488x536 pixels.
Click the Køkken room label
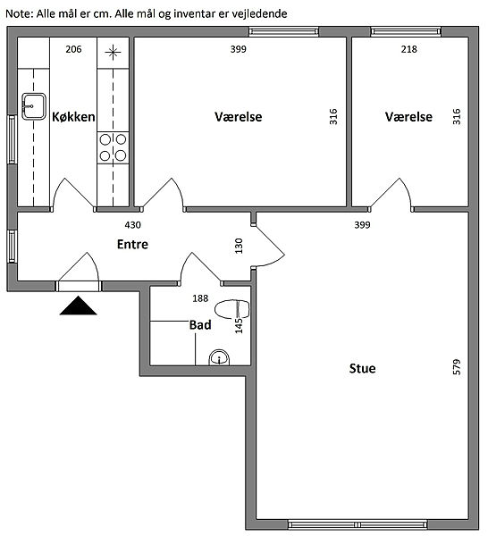coord(73,117)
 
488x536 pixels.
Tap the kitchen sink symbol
coord(34,106)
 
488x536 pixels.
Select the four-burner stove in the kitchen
coord(113,147)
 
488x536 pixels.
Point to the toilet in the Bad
coord(231,309)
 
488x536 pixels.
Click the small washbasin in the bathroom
coord(219,357)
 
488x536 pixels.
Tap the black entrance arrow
coord(79,306)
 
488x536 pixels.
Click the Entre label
coord(132,244)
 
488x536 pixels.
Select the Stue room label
coord(363,368)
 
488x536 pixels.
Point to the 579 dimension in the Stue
coord(457,367)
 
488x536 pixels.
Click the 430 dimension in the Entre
coord(132,225)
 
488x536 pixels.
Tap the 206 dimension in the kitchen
coord(73,49)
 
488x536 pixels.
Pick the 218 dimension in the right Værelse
coord(409,49)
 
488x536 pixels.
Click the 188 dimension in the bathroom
coord(200,298)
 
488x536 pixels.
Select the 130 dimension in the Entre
coord(239,246)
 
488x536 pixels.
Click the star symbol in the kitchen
coord(113,53)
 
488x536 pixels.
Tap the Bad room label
coord(200,325)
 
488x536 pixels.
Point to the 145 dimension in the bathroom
coord(239,326)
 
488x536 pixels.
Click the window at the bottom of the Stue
coord(358,524)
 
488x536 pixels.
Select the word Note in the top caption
coord(19,14)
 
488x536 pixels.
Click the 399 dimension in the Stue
coord(363,225)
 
